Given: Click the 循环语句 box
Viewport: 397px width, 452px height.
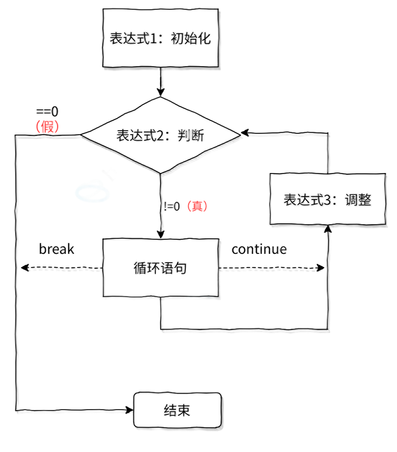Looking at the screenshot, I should (x=161, y=268).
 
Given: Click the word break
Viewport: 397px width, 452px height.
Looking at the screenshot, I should (x=56, y=249).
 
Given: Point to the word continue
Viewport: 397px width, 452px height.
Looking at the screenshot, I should (x=259, y=249).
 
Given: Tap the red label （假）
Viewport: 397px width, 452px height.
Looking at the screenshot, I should (x=47, y=126).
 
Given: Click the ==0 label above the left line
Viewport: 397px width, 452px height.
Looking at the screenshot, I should (x=47, y=112).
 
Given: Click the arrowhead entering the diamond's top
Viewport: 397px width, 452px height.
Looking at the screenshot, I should (x=161, y=92).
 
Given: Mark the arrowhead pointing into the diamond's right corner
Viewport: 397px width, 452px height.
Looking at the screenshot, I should (x=243, y=134).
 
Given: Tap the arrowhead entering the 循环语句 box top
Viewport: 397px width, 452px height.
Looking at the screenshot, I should (x=161, y=234).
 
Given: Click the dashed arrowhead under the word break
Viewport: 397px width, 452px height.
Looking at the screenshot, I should (x=25, y=268).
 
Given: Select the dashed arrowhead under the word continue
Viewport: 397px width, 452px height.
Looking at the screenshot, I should (x=321, y=269).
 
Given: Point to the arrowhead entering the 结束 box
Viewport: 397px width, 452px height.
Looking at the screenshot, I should (x=129, y=410).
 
